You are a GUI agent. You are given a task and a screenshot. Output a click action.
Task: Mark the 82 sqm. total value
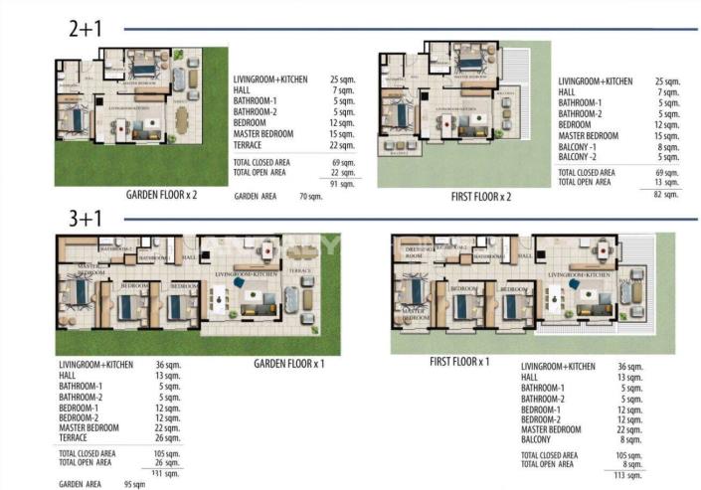(667, 193)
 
